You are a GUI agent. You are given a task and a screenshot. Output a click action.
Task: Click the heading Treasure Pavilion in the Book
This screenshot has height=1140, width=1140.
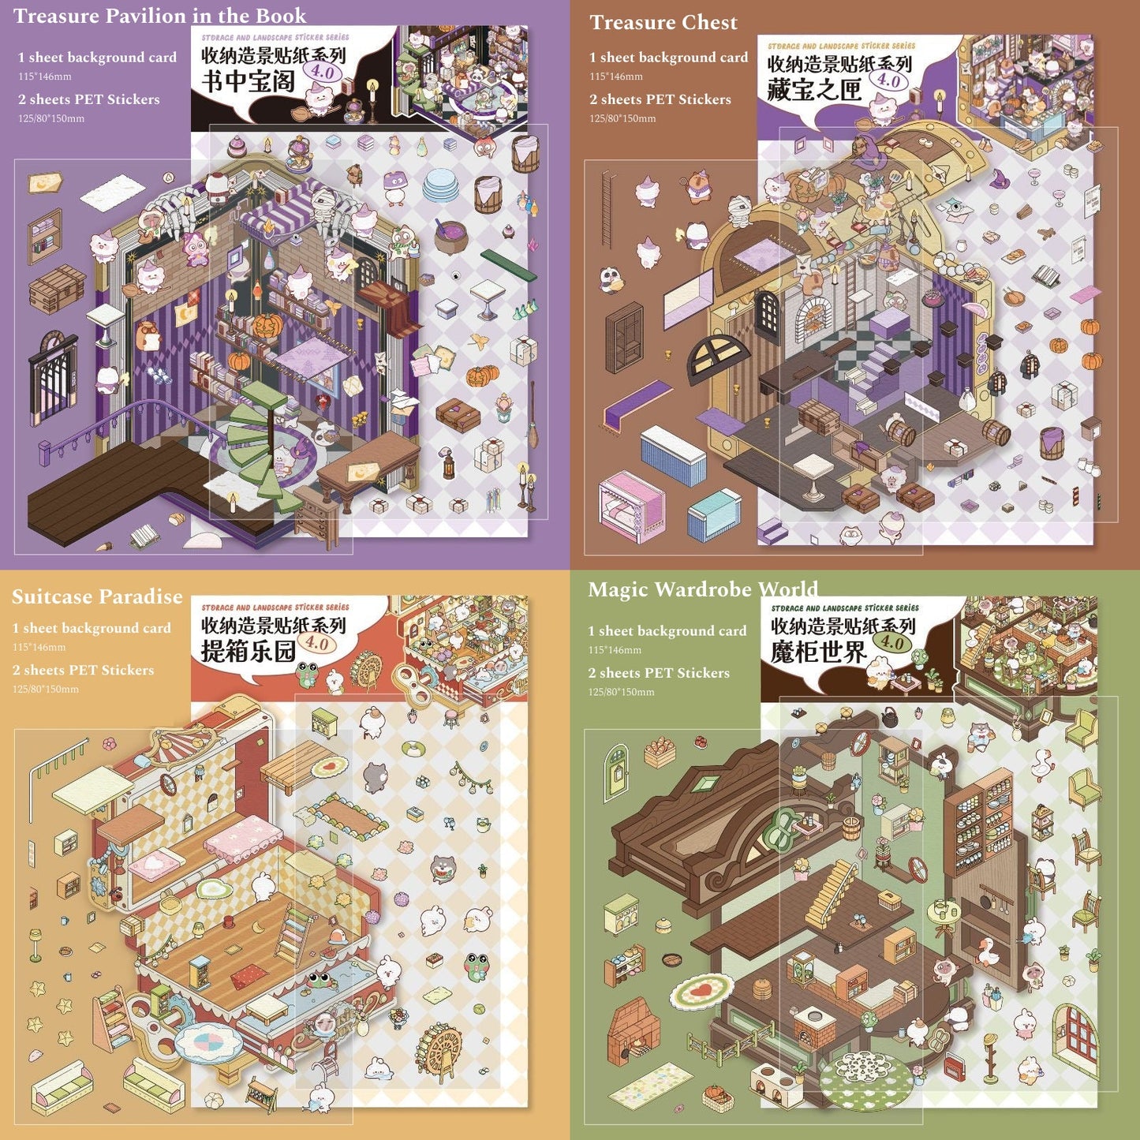point(159,16)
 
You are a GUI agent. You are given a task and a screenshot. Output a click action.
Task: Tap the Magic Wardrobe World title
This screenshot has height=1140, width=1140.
point(702,589)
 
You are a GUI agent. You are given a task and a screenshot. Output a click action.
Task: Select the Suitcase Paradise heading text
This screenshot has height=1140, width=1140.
point(97,596)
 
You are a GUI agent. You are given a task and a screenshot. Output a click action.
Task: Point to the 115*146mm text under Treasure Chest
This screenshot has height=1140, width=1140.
point(616,77)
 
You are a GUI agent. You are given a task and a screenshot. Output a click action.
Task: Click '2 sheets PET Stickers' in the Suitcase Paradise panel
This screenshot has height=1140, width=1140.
point(83,670)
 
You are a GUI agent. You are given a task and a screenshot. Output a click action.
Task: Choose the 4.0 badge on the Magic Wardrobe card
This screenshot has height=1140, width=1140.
point(892,642)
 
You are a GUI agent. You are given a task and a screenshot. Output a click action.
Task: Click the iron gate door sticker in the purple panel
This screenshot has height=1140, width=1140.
point(52,371)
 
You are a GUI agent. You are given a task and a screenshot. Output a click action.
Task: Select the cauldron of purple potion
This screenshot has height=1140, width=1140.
point(450,236)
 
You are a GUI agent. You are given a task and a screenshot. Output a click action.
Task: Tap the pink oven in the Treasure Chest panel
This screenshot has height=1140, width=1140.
point(631,505)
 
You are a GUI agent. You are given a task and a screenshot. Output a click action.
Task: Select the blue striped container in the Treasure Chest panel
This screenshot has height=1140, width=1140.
point(673,455)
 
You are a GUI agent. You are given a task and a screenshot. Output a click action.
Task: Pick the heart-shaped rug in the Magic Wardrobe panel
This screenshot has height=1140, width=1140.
point(702,990)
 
